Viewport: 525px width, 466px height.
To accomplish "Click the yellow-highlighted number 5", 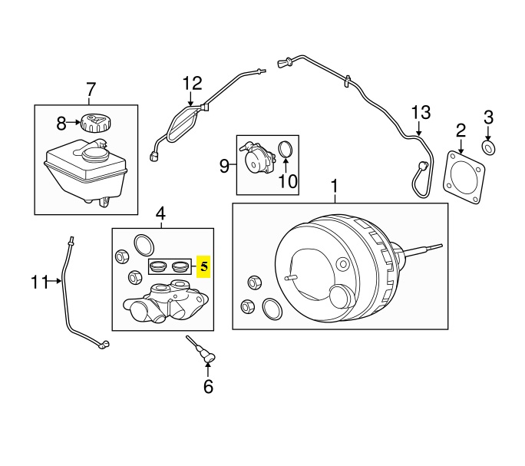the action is click(x=204, y=266).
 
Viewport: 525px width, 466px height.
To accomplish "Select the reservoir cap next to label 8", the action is click(x=96, y=124).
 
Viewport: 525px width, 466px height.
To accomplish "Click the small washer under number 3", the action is click(x=489, y=148).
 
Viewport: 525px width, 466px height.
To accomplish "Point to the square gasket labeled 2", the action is click(x=464, y=177).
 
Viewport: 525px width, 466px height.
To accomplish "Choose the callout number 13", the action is click(x=421, y=113).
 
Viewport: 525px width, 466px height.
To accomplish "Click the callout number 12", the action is click(x=193, y=84).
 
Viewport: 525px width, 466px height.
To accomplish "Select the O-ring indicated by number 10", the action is click(x=286, y=149).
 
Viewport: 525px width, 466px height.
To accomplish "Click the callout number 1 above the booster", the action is click(x=334, y=187).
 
